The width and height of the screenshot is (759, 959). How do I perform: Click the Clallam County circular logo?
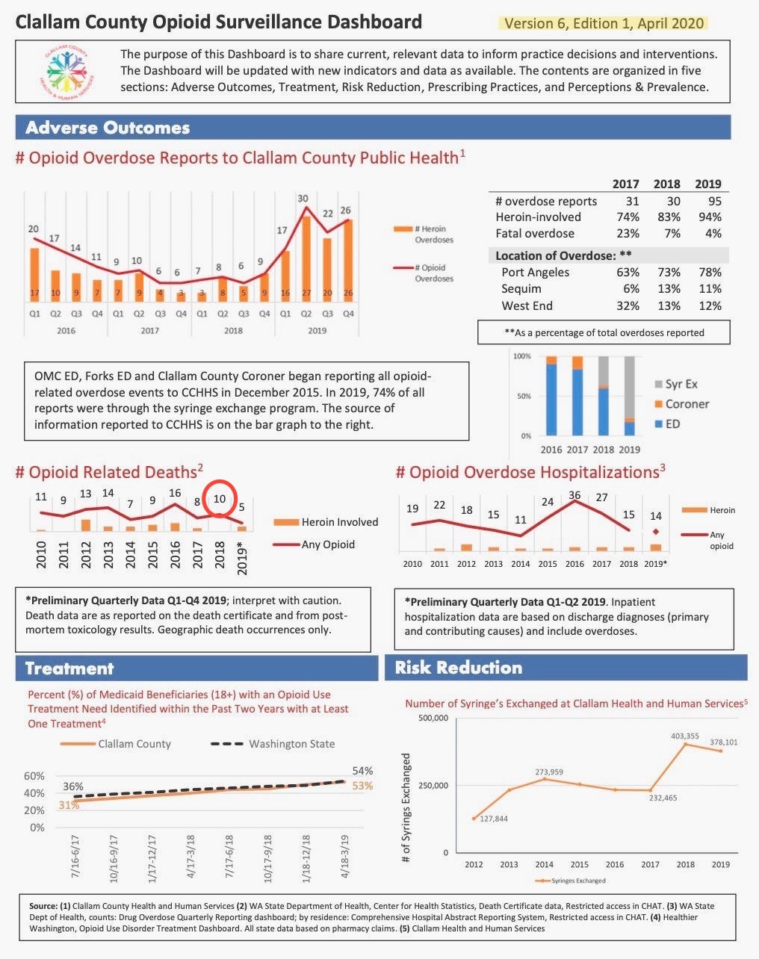(x=67, y=71)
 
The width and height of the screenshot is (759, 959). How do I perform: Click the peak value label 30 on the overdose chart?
(x=303, y=199)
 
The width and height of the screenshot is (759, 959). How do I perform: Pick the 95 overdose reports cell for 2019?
(x=714, y=201)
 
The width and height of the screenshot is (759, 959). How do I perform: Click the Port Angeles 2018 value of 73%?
(x=669, y=272)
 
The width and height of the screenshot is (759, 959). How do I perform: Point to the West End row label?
(x=527, y=305)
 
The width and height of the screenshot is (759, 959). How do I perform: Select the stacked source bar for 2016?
(x=551, y=396)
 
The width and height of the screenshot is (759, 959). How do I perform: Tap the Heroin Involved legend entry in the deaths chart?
(x=326, y=522)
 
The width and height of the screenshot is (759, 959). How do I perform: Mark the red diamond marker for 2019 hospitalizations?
(x=655, y=532)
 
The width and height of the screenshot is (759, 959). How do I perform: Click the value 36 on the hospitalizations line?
(x=574, y=495)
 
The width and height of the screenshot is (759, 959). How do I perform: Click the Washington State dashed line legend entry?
(x=273, y=744)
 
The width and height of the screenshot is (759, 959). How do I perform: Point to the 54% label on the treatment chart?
(x=362, y=771)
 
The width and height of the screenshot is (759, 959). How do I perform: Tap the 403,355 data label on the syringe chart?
(x=684, y=736)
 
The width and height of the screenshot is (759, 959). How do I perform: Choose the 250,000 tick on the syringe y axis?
(x=433, y=785)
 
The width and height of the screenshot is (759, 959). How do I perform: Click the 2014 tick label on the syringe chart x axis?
(x=544, y=864)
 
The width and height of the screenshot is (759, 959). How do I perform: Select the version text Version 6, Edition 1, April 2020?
(x=604, y=23)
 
